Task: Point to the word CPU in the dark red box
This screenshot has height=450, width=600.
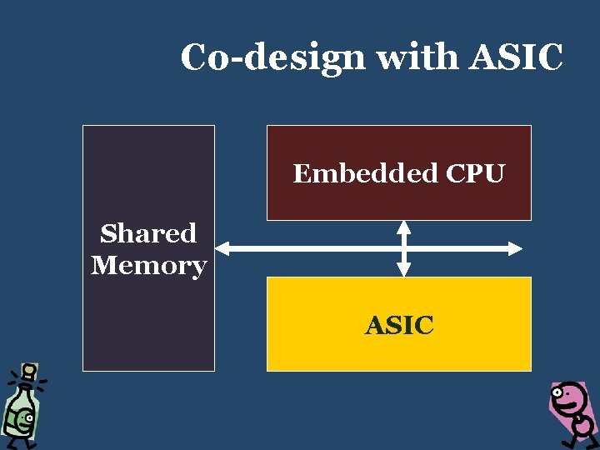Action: [x=475, y=173]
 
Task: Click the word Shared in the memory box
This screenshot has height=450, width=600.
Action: [x=148, y=233]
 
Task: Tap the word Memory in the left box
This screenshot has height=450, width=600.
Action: [x=148, y=266]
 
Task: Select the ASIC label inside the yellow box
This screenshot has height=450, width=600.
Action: [x=399, y=325]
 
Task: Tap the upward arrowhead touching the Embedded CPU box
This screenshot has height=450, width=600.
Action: [x=403, y=227]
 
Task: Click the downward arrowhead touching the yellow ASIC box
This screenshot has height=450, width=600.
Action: [x=403, y=269]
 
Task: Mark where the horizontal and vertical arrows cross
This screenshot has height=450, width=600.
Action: [x=403, y=247]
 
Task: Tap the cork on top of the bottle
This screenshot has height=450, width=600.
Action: [x=29, y=370]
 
